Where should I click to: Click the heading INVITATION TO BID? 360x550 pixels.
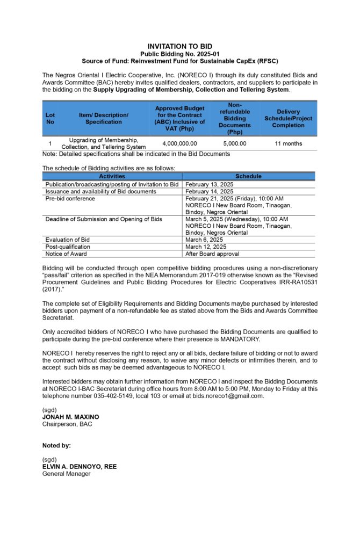click(x=179, y=46)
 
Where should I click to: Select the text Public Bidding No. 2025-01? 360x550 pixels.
click(x=179, y=54)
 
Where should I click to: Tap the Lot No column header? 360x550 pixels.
click(x=50, y=118)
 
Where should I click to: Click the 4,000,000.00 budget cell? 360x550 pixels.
click(x=179, y=143)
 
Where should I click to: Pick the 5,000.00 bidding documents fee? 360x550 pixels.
click(x=235, y=143)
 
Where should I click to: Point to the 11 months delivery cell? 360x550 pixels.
click(x=288, y=143)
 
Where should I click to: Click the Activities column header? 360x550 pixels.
click(x=112, y=176)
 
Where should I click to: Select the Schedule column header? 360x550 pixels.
click(x=248, y=176)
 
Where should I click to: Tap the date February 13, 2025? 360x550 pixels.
click(x=209, y=184)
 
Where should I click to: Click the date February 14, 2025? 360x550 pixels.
click(x=209, y=191)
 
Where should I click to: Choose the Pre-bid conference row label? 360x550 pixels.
click(x=70, y=198)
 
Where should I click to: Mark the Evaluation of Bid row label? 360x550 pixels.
click(x=68, y=240)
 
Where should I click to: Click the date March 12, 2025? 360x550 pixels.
click(x=206, y=247)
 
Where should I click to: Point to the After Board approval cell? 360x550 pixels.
click(x=212, y=254)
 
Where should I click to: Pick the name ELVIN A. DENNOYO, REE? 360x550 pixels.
click(x=80, y=466)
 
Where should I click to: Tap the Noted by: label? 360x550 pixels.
click(x=56, y=445)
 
